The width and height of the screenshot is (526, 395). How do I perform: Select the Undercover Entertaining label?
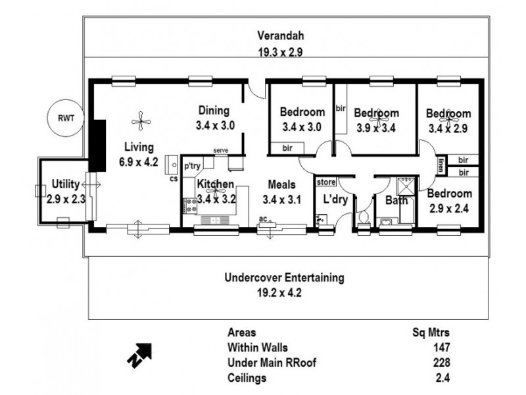click(284, 278)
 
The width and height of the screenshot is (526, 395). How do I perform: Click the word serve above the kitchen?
click(220, 151)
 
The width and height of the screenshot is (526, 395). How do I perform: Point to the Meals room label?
click(279, 185)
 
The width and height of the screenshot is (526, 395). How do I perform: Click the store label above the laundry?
click(326, 182)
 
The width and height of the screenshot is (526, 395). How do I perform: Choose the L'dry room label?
click(334, 200)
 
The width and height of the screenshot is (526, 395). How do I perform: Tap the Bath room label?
click(396, 200)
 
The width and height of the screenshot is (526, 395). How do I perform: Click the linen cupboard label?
click(442, 165)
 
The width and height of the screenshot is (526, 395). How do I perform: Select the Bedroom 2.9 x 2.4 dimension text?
click(449, 207)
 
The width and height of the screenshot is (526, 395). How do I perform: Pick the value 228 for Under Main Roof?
click(441, 362)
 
